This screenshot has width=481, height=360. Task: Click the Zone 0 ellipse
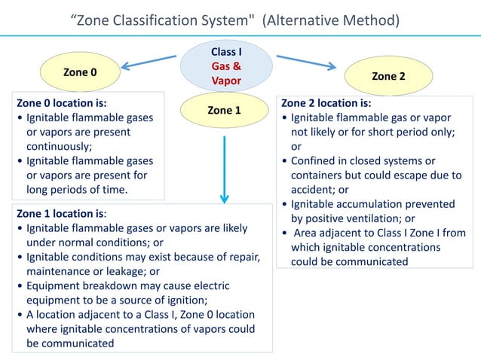tap(80, 72)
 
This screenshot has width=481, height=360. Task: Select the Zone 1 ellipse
tap(224, 111)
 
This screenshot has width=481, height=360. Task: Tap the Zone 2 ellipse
tap(388, 76)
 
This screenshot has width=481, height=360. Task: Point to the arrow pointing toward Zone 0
tap(149, 63)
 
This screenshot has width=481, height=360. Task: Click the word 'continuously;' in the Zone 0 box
tap(60, 146)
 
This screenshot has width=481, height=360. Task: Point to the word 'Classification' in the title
tap(159, 19)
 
